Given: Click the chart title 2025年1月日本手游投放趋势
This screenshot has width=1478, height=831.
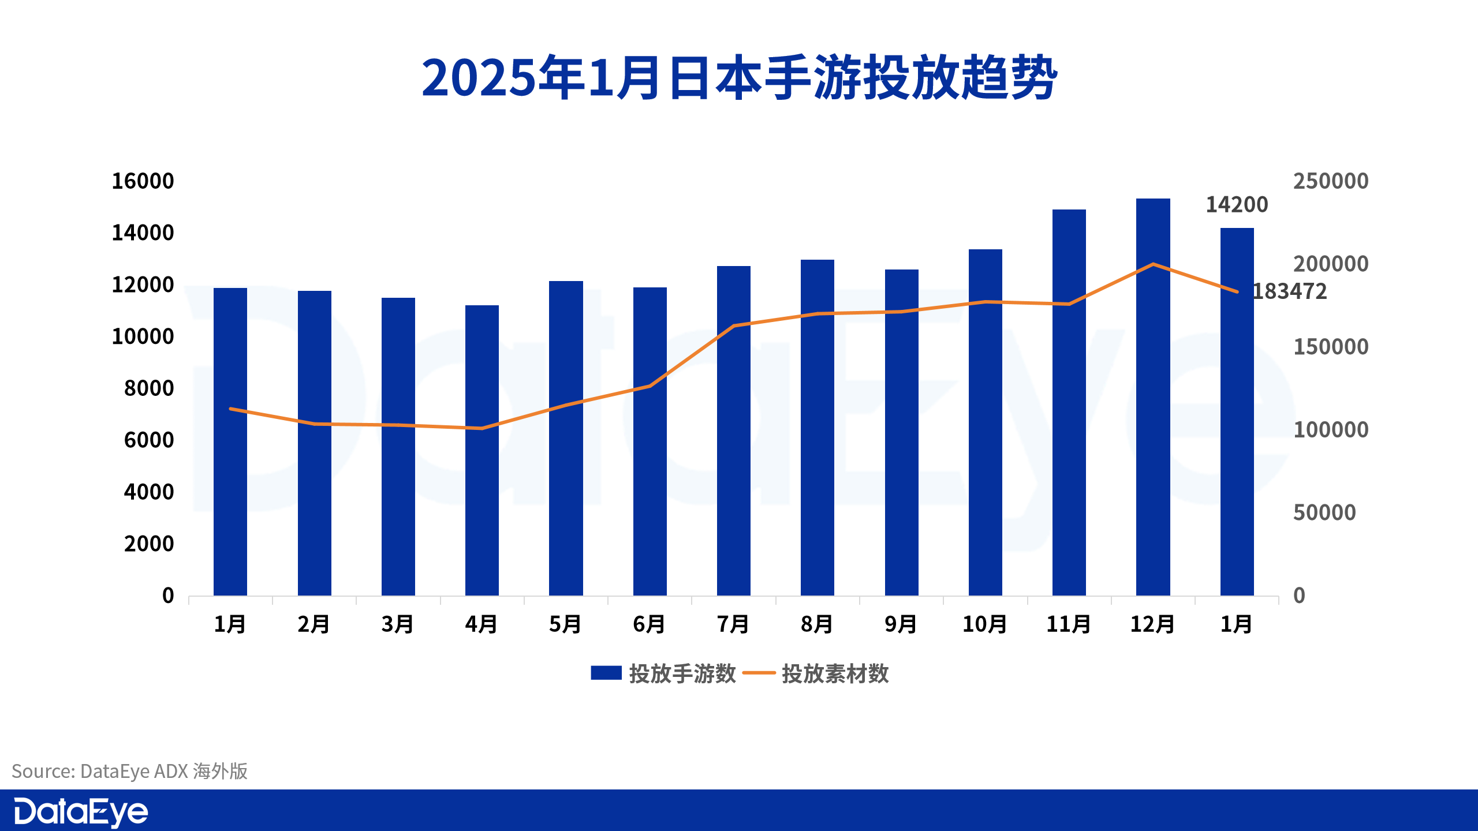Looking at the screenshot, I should pos(739,78).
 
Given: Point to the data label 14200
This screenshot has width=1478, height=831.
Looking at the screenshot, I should pos(1237,205).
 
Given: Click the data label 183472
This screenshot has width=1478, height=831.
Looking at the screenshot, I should pos(1290,291).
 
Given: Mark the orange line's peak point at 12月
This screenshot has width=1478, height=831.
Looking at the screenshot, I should pos(1153,264).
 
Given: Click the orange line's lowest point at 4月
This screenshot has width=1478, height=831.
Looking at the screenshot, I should pos(482,428).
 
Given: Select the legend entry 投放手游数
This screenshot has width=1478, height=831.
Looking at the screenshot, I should pos(664,673).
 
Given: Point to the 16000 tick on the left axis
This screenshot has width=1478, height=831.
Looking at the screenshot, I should pos(143,181).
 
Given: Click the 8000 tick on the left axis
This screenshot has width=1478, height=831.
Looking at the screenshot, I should pos(149,388).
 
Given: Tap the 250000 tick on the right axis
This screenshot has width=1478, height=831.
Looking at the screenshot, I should pos(1330,181).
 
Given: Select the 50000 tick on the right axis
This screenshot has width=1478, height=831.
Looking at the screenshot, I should pos(1324,512).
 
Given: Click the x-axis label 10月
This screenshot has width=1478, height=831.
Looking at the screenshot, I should pos(985,624).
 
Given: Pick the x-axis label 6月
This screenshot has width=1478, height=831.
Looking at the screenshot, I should pos(650,624).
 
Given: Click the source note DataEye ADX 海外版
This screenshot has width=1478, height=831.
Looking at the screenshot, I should pos(130,771).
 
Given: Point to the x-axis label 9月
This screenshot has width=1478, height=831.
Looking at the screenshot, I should pos(901,624).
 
